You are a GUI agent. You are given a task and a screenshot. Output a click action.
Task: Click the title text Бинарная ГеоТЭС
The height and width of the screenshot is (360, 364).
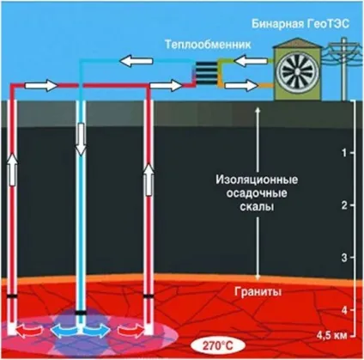coord(300,24)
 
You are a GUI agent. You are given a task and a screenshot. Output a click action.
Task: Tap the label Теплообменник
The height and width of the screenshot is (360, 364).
coord(208,45)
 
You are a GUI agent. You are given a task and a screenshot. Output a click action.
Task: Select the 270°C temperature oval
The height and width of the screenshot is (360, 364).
coord(218,345)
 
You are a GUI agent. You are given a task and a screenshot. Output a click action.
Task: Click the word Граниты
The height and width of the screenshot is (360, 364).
coord(258,292)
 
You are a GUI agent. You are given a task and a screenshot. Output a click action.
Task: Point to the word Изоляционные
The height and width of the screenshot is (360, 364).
coord(257,180)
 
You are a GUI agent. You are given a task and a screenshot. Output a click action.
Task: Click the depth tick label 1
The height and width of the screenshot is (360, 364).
coord(344,153)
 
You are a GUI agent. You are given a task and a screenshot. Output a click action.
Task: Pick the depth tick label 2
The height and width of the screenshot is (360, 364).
coord(344,205)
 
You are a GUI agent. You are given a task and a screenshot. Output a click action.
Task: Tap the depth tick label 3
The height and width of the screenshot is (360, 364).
coord(344,258)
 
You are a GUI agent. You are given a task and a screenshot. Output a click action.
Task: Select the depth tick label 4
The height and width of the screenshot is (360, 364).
coord(344,310)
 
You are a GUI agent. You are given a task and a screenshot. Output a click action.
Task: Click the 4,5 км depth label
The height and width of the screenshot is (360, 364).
coord(331,335)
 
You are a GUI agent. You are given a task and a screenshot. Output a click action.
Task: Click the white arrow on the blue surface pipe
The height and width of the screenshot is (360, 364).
coord(136,61)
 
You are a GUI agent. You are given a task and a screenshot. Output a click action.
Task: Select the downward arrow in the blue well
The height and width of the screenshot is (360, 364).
coord(81,139)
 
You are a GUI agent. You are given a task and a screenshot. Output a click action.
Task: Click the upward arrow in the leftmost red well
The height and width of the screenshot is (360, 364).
coord(12,169)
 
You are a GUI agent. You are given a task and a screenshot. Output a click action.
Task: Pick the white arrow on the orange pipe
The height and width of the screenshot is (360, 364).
coord(241,85)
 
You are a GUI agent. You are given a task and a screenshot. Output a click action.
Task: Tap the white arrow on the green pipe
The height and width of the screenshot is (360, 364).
coord(250,61)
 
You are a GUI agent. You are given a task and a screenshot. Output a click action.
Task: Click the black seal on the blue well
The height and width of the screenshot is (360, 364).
coord(81,313)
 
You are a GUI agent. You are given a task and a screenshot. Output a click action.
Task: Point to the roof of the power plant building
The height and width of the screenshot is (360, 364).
coord(299,43)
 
